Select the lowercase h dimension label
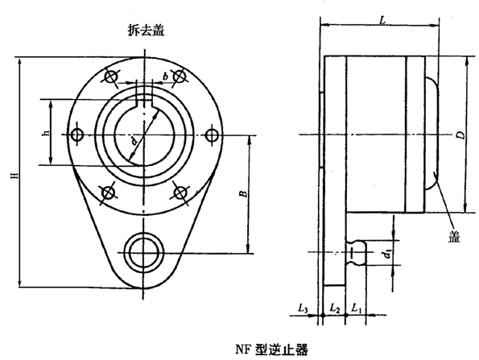pos(45,133)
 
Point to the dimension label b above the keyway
pos(166,76)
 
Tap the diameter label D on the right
pos(459,135)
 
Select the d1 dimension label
pos(388,255)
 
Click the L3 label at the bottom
pos(303,308)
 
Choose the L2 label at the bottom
pos(336,308)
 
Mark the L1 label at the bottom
pos(359,308)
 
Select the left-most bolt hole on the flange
pos(77,134)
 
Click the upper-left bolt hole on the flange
pos(107,77)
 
